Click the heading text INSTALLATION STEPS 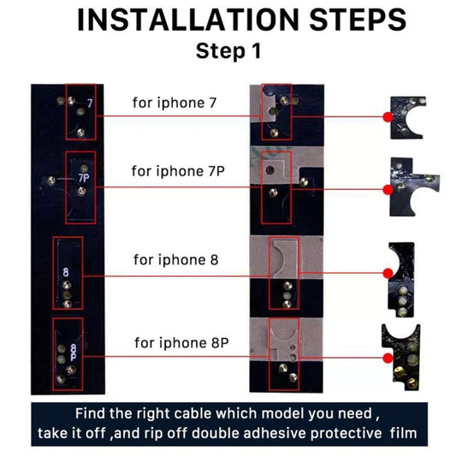click(228, 19)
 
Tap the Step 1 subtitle click(228, 50)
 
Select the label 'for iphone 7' click(174, 103)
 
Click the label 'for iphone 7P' click(178, 170)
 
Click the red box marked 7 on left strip click(79, 113)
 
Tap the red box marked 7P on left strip click(79, 179)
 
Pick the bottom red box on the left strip click(68, 348)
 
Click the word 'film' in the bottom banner click(398, 433)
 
